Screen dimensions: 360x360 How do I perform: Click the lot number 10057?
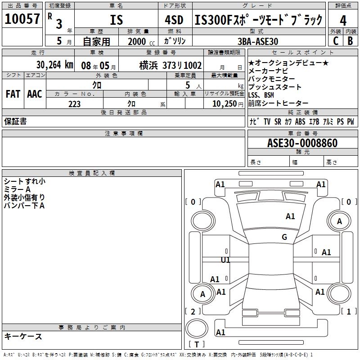[22, 19]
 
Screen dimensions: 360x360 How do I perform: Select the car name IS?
[117, 20]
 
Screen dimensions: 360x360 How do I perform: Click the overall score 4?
[343, 20]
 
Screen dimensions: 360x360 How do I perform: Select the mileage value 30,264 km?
[54, 64]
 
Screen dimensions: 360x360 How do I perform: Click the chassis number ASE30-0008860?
[302, 143]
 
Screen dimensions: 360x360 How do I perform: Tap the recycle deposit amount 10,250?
[222, 104]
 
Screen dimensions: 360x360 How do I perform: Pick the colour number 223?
[74, 104]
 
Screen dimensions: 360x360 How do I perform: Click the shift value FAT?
[13, 94]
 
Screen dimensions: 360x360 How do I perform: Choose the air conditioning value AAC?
[35, 94]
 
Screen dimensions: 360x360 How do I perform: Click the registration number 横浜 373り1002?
[170, 65]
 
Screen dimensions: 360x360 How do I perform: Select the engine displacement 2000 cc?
[140, 41]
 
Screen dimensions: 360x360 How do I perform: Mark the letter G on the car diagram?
[284, 237]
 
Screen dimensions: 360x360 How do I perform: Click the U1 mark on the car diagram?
[225, 260]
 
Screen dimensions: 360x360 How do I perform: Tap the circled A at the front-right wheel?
[340, 221]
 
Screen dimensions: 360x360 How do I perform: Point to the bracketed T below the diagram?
[196, 345]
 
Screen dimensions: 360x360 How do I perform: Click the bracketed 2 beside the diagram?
[193, 311]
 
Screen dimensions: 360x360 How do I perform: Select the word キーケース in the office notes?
[23, 336]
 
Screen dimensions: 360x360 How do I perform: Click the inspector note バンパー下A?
[24, 206]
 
